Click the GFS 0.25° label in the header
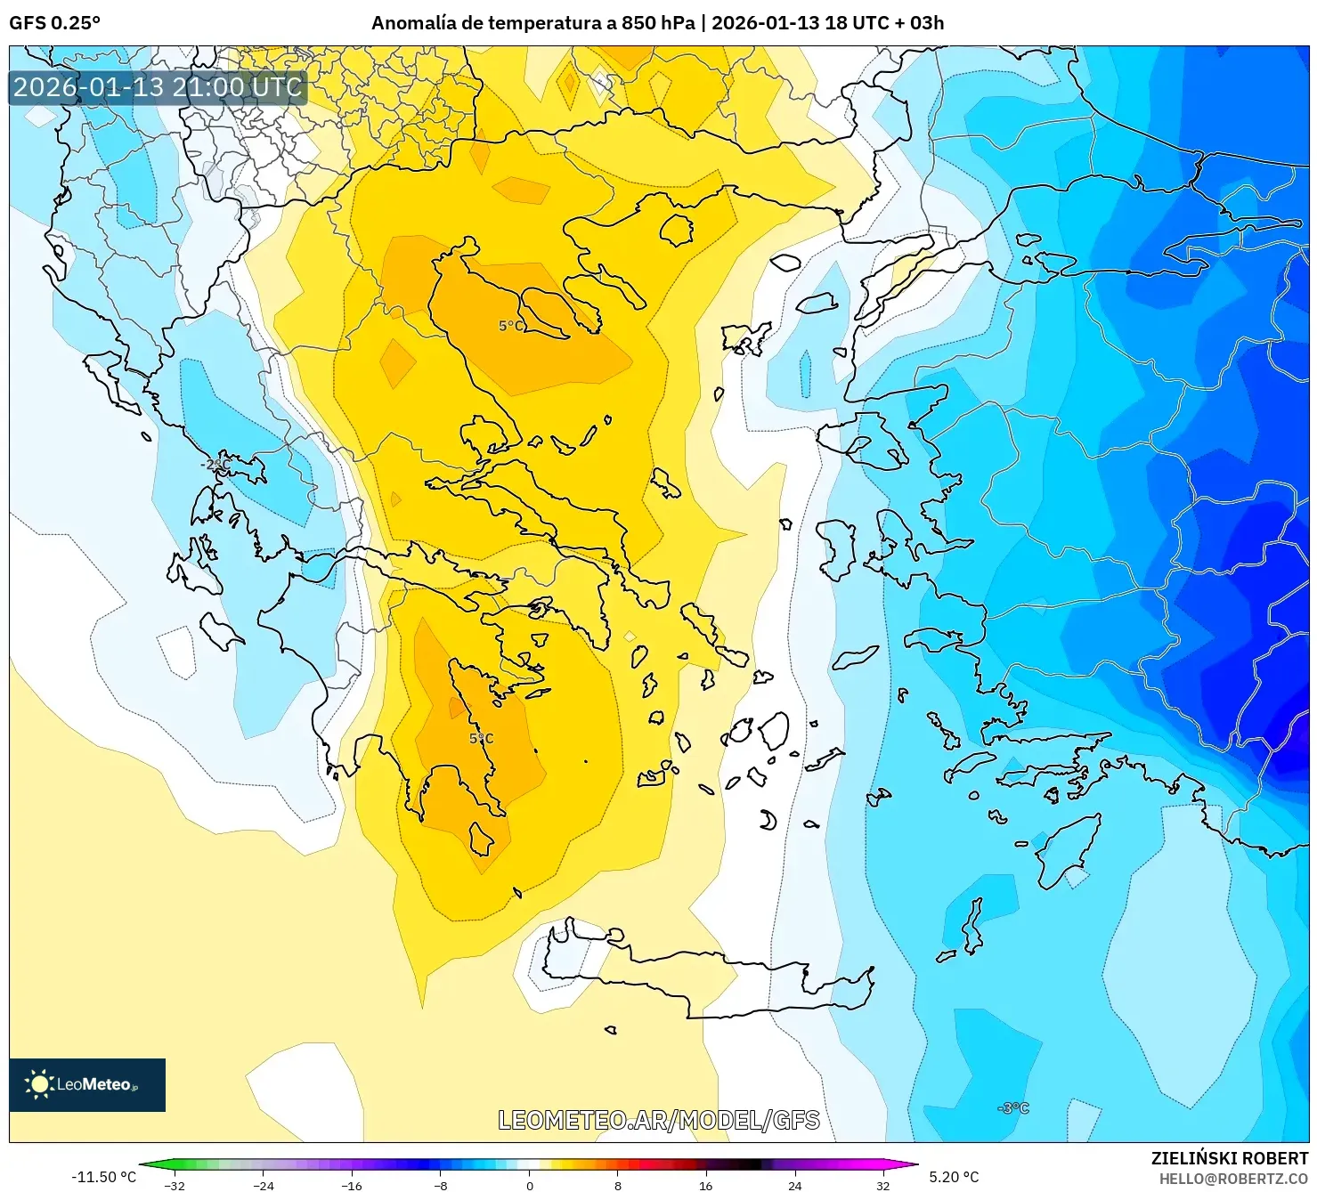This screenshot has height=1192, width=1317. point(54,23)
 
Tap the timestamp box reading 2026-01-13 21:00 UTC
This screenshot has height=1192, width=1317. point(158,87)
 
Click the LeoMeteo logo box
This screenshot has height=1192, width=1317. point(87,1084)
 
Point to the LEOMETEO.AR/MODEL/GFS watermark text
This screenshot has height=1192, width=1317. point(658,1120)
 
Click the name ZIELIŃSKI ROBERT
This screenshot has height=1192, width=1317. point(1229,1158)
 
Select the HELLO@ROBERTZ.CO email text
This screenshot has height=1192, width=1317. point(1232,1179)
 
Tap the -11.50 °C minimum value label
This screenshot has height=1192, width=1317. point(103,1177)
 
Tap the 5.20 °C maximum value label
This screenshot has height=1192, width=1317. point(954,1177)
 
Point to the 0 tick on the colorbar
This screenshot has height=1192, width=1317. point(530,1185)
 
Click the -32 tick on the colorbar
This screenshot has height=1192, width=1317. point(175,1185)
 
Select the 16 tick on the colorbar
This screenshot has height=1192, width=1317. point(705,1185)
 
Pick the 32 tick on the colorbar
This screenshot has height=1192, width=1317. point(882,1185)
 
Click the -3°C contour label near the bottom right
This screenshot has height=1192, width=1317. point(1013,1108)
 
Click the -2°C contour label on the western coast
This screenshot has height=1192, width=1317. point(215,465)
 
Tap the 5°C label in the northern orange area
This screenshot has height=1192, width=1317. point(510,327)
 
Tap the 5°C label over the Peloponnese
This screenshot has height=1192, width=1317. point(481,739)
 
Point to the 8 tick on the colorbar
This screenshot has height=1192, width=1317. point(618,1185)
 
